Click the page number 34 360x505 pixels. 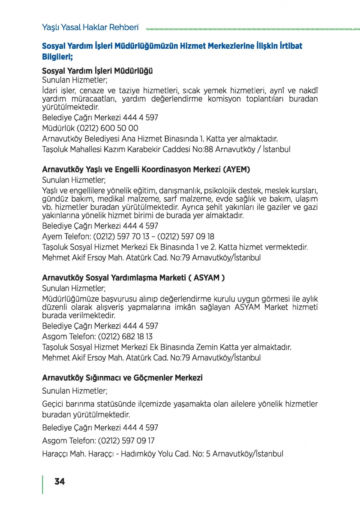[60, 482]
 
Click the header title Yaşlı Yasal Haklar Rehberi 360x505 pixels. [90, 27]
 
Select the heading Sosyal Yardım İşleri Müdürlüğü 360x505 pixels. [97, 71]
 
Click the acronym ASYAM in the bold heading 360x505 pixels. [207, 278]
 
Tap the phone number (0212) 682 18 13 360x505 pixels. [125, 337]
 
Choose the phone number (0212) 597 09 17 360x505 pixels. [126, 441]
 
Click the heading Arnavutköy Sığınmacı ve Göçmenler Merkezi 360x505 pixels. [122, 378]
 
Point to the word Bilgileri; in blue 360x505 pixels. [57, 57]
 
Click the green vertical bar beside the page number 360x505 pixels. [43, 484]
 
